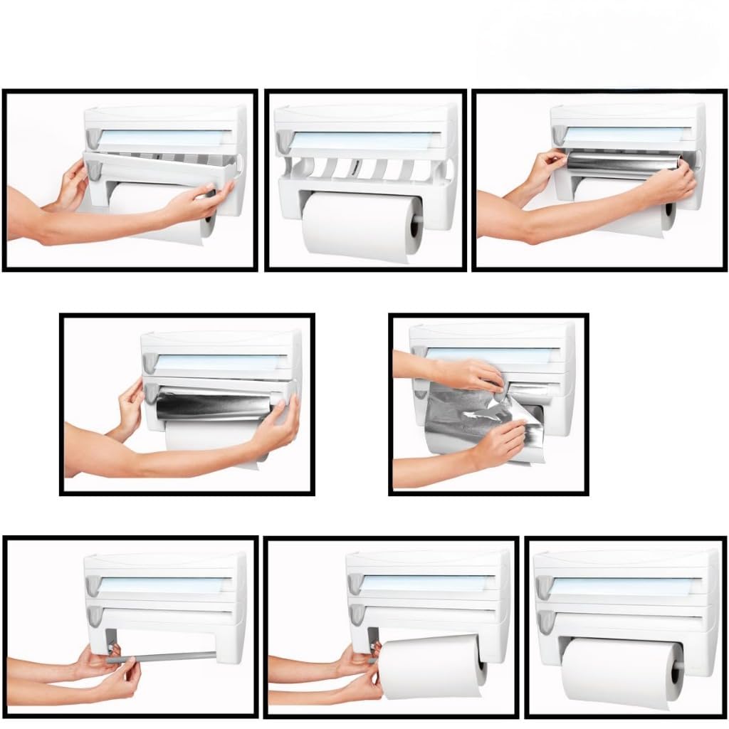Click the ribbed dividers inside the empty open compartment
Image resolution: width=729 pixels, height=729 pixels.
click(363, 169)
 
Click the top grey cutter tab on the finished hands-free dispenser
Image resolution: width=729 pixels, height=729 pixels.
click(545, 586)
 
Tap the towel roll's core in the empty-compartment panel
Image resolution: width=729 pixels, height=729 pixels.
click(415, 227)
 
